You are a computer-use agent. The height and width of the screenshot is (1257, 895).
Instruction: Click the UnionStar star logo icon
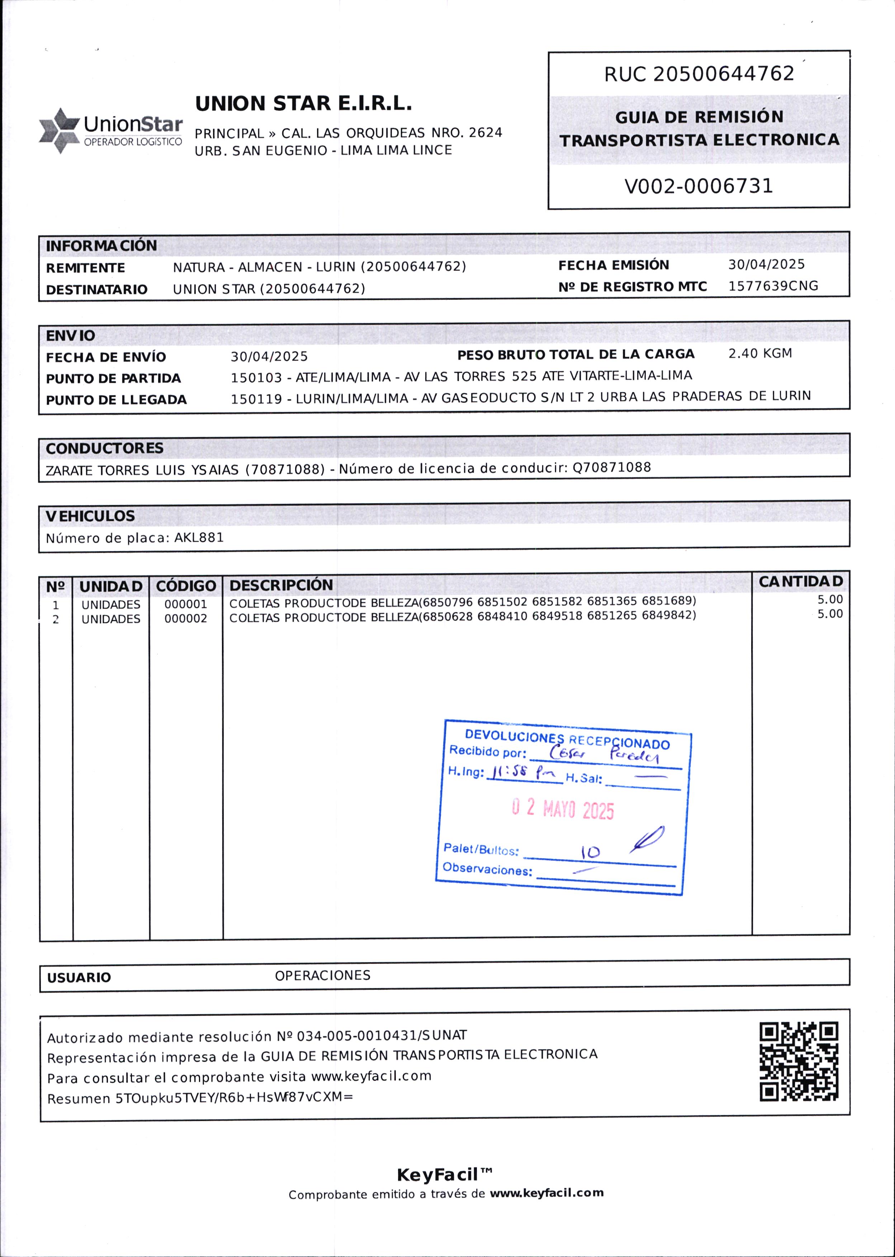pos(58,131)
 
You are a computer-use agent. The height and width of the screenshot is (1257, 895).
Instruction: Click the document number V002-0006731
pos(698,186)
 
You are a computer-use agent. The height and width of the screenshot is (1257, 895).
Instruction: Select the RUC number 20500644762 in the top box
pos(723,74)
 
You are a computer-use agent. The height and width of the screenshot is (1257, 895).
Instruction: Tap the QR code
pos(799,1062)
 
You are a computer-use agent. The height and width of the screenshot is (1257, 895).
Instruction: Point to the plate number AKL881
pos(199,538)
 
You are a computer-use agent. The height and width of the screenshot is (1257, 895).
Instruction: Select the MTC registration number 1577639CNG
pos(773,286)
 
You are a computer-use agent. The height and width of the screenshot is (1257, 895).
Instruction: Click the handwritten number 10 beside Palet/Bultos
pos(590,852)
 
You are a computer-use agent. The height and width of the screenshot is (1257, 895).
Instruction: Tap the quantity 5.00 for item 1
pos(829,600)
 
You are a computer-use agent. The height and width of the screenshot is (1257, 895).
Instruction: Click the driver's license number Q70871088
pos(612,468)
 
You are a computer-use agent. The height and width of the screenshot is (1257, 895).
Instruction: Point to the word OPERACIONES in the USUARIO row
pos(322,975)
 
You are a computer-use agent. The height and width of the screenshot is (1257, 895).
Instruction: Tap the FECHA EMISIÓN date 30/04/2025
pos(766,265)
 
